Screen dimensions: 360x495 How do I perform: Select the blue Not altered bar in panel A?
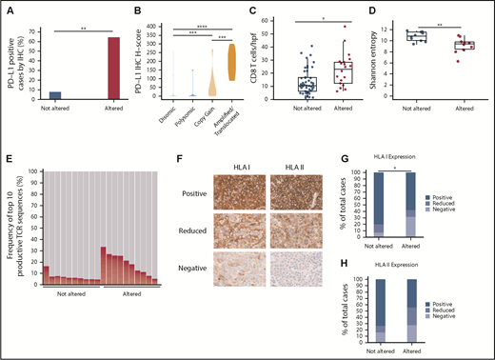pos(54,95)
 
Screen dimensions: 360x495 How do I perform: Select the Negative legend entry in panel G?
pos(470,208)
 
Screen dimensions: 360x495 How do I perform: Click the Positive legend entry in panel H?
pos(470,284)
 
